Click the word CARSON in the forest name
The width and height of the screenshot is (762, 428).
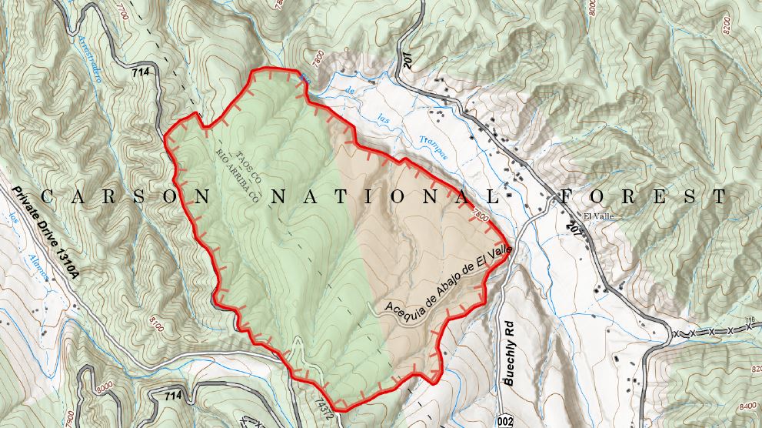click(126, 196)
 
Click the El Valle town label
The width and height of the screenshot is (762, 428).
click(597, 216)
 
